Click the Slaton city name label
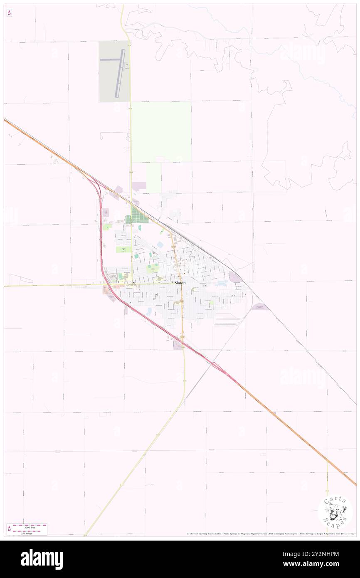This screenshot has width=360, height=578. point(180,283)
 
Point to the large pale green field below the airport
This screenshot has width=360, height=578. point(161,131)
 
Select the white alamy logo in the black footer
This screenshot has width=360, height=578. point(42,559)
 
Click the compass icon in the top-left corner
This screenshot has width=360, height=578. point(9,13)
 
